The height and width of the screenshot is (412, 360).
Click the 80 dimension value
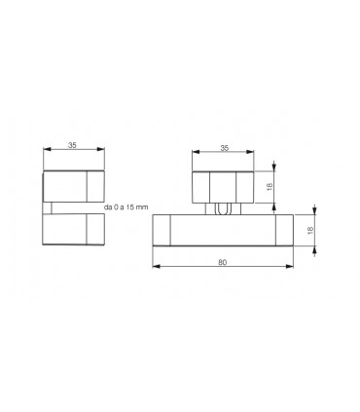223,262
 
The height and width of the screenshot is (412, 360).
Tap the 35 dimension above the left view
72,145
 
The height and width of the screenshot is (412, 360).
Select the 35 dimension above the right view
225,148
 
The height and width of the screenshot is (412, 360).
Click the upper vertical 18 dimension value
270,187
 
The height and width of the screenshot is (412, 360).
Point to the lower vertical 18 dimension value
310,230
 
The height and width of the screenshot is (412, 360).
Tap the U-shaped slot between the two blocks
223,209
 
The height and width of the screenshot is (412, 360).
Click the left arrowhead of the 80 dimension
157,266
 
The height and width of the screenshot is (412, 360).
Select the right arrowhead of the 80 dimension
290,266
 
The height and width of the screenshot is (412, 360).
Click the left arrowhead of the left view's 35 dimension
48,149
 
